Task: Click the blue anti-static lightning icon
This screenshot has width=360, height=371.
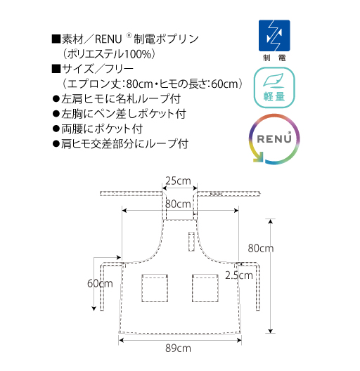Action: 274,36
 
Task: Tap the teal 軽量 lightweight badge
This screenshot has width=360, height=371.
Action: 274,88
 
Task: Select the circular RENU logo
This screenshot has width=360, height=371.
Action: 274,139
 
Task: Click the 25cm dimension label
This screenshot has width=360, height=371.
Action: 178,181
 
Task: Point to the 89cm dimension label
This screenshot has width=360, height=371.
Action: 178,349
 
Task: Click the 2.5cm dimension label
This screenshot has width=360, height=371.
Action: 239,275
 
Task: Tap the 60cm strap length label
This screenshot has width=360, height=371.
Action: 100,283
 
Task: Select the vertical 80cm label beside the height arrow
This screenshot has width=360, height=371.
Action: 261,248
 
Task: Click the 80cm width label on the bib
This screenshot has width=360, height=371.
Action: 178,204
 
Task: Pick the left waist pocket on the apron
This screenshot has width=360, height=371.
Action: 155,288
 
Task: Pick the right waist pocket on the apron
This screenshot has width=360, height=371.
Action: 205,288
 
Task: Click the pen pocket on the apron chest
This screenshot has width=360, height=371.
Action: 191,241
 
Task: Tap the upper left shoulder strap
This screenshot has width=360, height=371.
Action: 131,194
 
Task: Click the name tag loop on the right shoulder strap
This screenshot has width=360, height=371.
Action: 217,194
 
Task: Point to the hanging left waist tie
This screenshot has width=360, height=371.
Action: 102,286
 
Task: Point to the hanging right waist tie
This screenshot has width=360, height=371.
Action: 258,286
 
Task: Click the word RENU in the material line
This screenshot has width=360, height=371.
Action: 108,39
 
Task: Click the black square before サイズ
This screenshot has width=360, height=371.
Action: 56,69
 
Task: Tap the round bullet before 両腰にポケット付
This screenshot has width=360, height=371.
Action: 56,129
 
